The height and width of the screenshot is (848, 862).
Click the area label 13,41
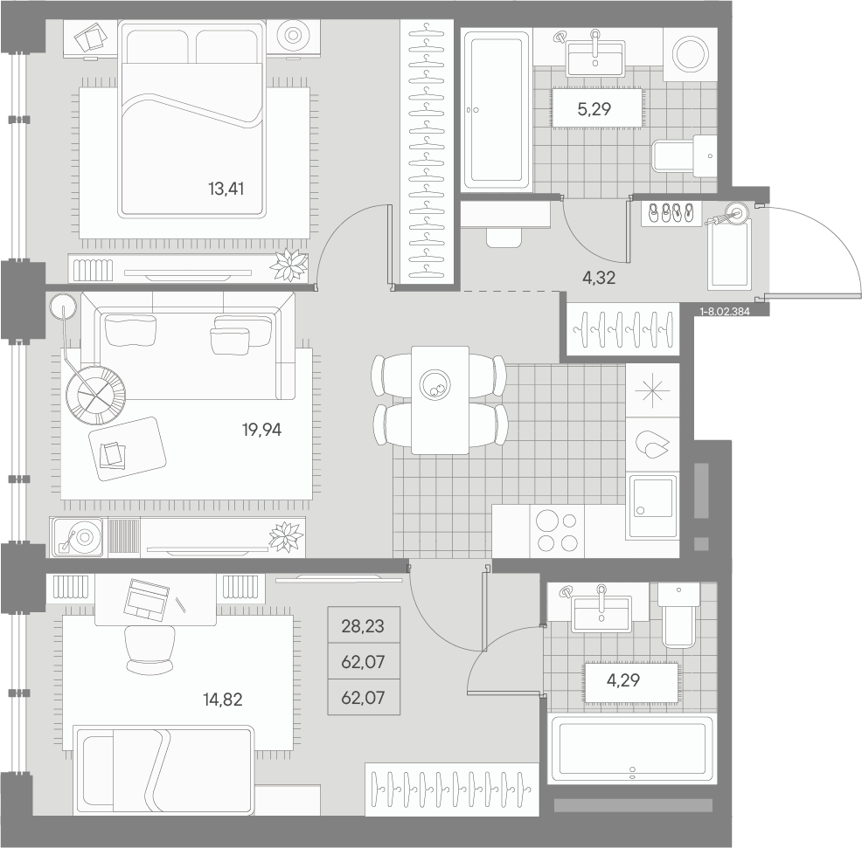coord(226,189)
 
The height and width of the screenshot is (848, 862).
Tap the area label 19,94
coord(261,430)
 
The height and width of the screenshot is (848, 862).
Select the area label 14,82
coord(223,700)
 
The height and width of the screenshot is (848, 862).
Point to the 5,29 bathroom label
coord(594,109)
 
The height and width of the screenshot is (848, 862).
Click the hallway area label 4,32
coord(599,278)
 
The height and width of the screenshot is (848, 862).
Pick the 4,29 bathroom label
coord(623,680)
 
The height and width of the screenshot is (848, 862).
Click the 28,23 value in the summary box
coord(363,626)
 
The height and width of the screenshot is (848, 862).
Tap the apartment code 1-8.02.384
coord(725,312)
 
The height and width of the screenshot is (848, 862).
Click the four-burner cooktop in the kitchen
coord(557,531)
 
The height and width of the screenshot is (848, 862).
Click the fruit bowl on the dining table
coord(434,383)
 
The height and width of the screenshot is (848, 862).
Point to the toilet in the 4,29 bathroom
coord(679,615)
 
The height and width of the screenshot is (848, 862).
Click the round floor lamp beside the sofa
coord(63,307)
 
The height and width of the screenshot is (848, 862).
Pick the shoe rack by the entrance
coord(671,212)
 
